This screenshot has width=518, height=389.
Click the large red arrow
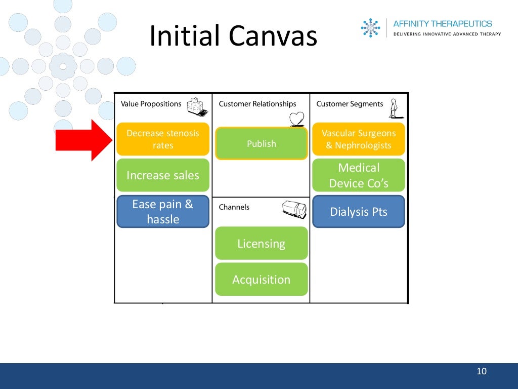coord(83,140)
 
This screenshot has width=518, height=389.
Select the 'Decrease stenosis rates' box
coord(163,139)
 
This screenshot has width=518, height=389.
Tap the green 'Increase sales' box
coord(163,175)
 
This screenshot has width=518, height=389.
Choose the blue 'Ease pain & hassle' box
coord(163,212)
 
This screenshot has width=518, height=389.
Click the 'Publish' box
coord(262,144)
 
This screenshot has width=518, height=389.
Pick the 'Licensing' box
coord(262,244)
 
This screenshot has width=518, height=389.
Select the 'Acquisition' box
coord(262,280)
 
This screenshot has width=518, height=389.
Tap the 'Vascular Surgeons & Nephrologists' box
coord(359,139)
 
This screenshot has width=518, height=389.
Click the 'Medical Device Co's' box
coord(359,175)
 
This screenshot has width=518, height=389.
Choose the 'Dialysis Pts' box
coord(359,212)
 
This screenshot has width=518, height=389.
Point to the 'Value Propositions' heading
coord(151,104)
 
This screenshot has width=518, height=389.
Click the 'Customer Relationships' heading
coord(257,104)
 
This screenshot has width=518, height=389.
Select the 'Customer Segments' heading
coord(350,104)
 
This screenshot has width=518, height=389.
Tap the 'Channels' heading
coord(234,207)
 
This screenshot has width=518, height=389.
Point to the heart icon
coord(297,119)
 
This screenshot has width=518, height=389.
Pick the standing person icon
coord(394,108)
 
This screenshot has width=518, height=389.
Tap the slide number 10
coord(482,372)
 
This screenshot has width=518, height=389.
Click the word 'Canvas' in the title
coord(273,36)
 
